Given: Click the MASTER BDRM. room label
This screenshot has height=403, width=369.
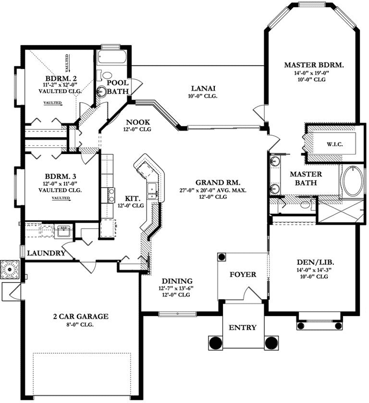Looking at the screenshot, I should (x=314, y=65).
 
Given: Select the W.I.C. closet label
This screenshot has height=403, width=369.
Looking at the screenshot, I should (x=334, y=144).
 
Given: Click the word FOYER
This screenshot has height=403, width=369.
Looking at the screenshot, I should (x=243, y=274).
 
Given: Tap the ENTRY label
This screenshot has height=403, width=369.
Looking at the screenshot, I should (x=242, y=327).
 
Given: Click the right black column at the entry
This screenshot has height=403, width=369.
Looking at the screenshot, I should (x=271, y=342).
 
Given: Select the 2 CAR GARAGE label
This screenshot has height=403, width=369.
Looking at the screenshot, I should (x=81, y=316).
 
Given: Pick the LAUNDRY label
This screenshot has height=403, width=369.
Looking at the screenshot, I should (x=46, y=253).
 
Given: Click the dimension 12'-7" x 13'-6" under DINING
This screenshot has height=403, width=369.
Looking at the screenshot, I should (x=177, y=288).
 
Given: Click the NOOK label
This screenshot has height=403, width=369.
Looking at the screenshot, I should (x=137, y=122).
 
